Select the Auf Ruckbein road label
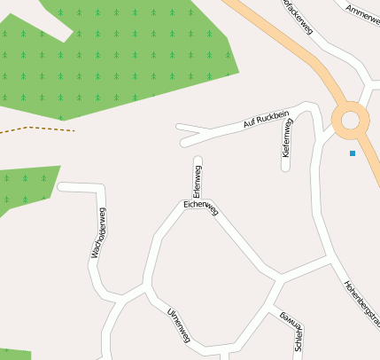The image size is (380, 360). click(266, 121)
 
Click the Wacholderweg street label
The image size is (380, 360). click(97, 233)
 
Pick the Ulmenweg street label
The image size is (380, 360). click(179, 325)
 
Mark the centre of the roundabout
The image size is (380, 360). click(350, 120)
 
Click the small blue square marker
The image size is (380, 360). click(353, 153)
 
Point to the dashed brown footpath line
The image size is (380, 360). click(35, 129)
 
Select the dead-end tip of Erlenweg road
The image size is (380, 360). click(198, 160)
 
